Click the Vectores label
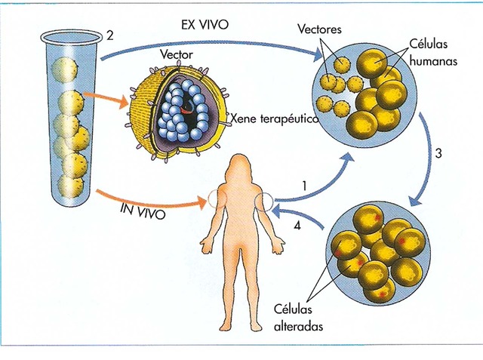tap(320, 29)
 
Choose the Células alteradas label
tap(297, 318)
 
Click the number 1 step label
tap(304, 185)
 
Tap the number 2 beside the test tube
tap(110, 35)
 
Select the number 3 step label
tap(438, 153)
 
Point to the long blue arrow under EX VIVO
tap(211, 39)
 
